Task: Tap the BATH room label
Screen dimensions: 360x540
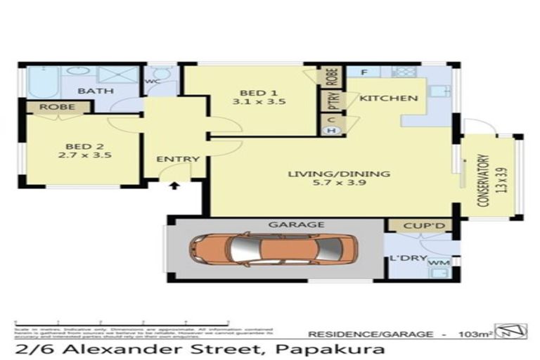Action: coord(91,91)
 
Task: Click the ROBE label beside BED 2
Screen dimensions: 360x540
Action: coord(58,107)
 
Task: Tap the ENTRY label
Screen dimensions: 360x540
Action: coord(178,159)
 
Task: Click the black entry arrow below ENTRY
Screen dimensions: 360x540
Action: coord(174,186)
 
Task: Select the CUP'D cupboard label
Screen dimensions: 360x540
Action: coord(420,226)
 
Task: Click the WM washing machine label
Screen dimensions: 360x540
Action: coord(439,262)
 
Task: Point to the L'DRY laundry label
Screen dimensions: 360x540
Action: coord(408,258)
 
